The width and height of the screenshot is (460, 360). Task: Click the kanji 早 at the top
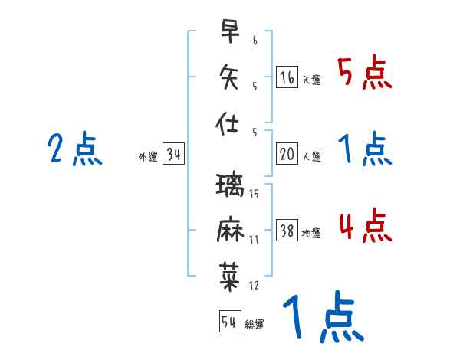pyautogui.click(x=228, y=31)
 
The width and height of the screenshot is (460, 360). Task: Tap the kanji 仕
pyautogui.click(x=228, y=122)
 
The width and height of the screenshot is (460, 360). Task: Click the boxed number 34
pyautogui.click(x=173, y=155)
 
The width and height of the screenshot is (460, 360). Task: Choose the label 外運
pyautogui.click(x=148, y=157)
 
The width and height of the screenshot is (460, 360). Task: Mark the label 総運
pyautogui.click(x=255, y=324)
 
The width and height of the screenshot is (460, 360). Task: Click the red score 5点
pyautogui.click(x=364, y=74)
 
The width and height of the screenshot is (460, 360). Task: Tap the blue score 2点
pyautogui.click(x=75, y=149)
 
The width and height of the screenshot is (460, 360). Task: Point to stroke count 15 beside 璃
pyautogui.click(x=254, y=193)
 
